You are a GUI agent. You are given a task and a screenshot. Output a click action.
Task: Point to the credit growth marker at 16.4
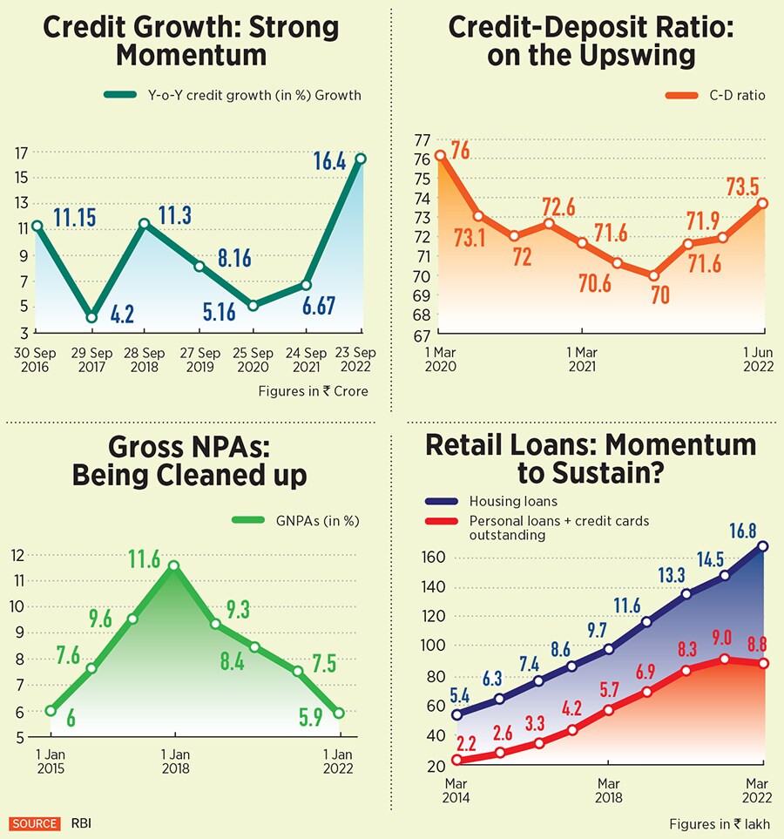361,159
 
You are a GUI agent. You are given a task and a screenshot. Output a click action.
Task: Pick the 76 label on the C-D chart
461,149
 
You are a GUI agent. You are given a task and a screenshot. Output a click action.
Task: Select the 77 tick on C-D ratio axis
422,139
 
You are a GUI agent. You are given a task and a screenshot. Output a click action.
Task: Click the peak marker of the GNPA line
174,565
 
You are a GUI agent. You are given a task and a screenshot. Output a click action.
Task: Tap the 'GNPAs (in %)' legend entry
295,521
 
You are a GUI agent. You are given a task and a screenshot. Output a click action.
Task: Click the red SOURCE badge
35,823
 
